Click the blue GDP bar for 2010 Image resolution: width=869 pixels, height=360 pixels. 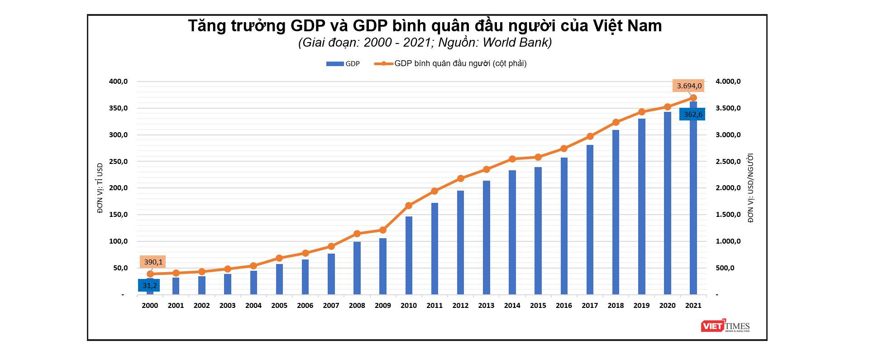tap(409, 256)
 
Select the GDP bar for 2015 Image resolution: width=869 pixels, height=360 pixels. tap(538, 231)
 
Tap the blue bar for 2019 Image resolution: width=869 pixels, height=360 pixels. tap(641, 206)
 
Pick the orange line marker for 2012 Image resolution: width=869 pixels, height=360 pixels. tap(461, 178)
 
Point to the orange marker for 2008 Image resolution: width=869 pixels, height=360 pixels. tap(357, 234)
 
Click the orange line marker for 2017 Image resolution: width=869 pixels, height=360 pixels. tap(590, 136)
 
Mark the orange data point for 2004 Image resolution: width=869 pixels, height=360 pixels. tap(253, 266)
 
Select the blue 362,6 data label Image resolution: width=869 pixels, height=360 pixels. tap(692, 115)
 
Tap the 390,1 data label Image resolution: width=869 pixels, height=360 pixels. tap(153, 262)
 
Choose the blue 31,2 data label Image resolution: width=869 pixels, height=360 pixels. tap(149, 285)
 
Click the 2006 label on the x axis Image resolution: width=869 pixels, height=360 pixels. tap(305, 306)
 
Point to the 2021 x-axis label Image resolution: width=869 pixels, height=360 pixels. tap(693, 306)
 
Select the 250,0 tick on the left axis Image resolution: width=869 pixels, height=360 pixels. tap(119, 162)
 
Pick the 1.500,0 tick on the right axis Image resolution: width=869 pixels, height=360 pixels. tap(728, 215)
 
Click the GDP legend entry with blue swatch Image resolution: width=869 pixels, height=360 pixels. tap(343, 64)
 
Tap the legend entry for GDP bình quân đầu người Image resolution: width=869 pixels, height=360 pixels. tap(453, 63)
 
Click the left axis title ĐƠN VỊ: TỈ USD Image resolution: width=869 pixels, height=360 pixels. tap(100, 188)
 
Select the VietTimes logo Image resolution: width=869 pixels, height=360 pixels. tap(725, 326)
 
